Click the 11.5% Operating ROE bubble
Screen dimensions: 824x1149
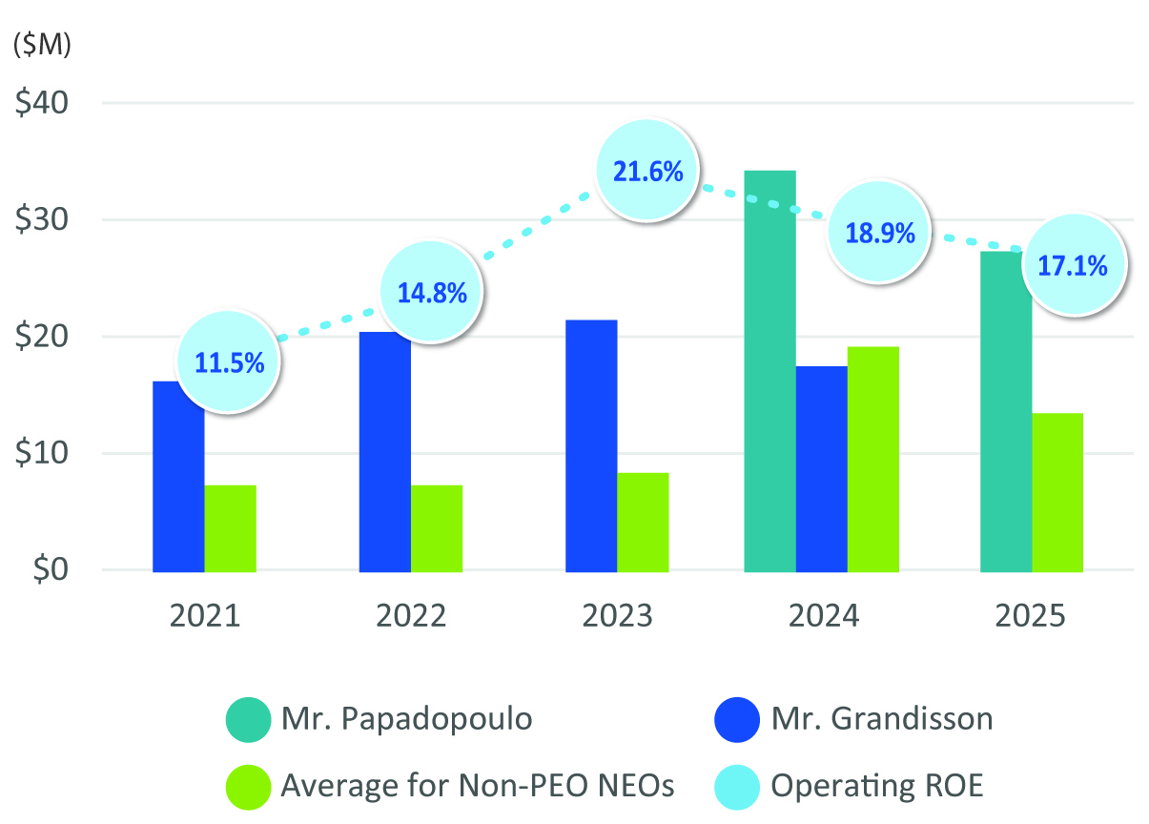[229, 362]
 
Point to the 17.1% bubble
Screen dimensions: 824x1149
[1072, 265]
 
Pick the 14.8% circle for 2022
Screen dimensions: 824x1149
[432, 292]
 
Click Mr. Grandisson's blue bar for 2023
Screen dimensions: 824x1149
[591, 445]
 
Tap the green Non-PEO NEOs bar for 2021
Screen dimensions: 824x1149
[230, 527]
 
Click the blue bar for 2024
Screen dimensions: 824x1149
[821, 468]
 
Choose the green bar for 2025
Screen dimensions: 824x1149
[1057, 492]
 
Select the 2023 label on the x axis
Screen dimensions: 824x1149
[617, 616]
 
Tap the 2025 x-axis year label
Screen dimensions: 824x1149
[1030, 616]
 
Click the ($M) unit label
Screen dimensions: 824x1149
[42, 45]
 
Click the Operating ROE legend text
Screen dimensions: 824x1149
[876, 786]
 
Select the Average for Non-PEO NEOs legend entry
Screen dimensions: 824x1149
[478, 786]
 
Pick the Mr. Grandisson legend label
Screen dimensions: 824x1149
[881, 718]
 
